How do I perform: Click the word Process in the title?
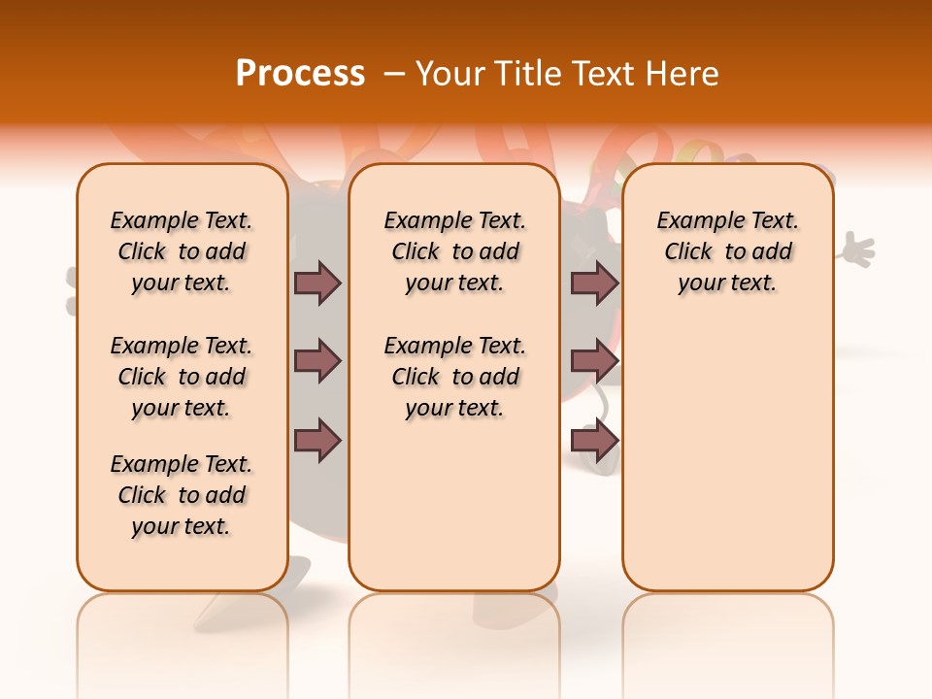coord(300,74)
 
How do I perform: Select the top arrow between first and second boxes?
coord(317,283)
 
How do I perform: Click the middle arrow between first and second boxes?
coord(317,361)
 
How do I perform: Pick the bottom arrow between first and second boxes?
coord(317,441)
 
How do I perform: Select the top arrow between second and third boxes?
coord(594,283)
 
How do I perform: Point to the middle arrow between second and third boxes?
coord(594,361)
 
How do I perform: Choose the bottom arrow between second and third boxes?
coord(594,441)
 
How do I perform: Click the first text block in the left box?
coord(182,251)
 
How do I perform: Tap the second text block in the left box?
coord(182,377)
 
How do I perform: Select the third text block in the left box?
coord(182,495)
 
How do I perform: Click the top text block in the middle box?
coord(454,251)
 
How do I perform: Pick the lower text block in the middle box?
coord(454,377)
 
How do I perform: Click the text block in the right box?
coord(727,251)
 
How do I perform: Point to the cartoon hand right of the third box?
coord(855,250)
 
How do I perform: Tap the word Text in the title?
coord(604,74)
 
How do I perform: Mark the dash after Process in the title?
coord(391,74)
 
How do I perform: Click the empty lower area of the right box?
coord(727,456)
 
